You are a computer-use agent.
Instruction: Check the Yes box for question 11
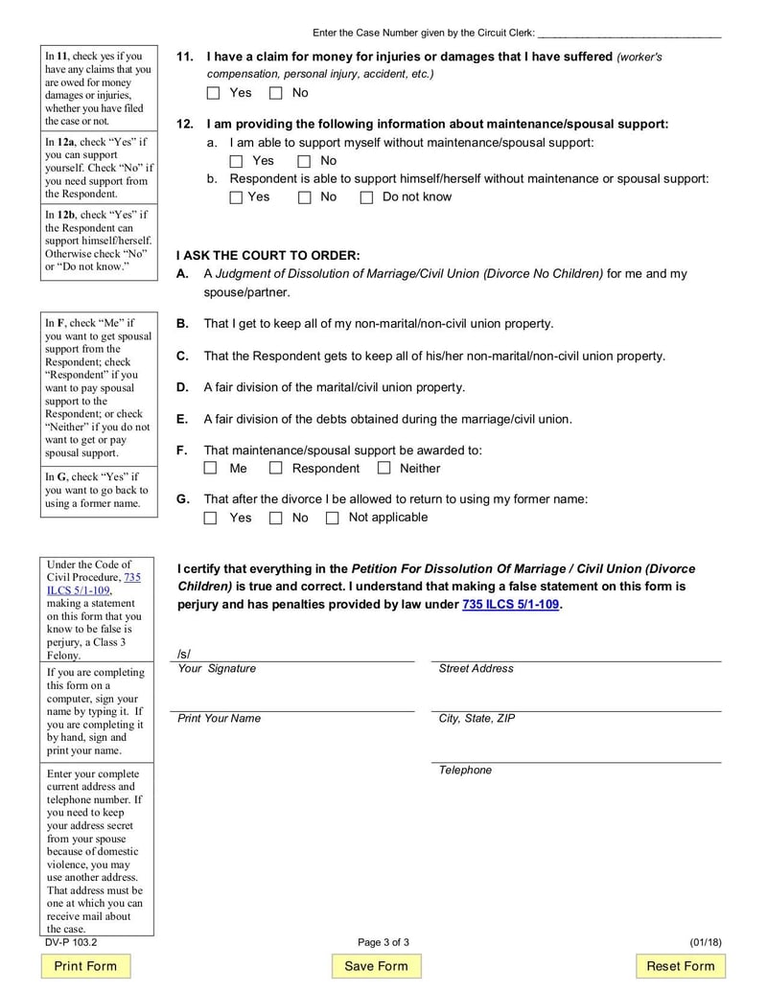(214, 93)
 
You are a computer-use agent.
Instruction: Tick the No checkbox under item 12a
(305, 161)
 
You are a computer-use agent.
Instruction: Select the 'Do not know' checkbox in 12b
(366, 197)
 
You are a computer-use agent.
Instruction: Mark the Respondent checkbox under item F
(276, 469)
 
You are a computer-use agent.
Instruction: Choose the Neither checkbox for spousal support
(384, 469)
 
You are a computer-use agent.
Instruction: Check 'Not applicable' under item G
(333, 518)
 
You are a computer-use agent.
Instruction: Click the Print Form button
(85, 966)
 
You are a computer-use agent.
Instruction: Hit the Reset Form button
(680, 966)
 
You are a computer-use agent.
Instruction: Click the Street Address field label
(476, 669)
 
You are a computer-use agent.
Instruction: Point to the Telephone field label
(465, 771)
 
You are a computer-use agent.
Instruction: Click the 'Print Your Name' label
(219, 719)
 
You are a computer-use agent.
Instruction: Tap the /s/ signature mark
(184, 654)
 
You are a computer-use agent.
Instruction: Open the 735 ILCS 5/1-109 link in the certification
(511, 605)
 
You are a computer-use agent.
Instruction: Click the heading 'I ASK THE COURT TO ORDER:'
(268, 255)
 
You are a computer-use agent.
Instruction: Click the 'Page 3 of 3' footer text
(383, 943)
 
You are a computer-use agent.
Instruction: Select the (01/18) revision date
(705, 943)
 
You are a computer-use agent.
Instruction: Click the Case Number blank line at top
(629, 33)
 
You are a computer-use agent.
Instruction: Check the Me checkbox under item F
(212, 469)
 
